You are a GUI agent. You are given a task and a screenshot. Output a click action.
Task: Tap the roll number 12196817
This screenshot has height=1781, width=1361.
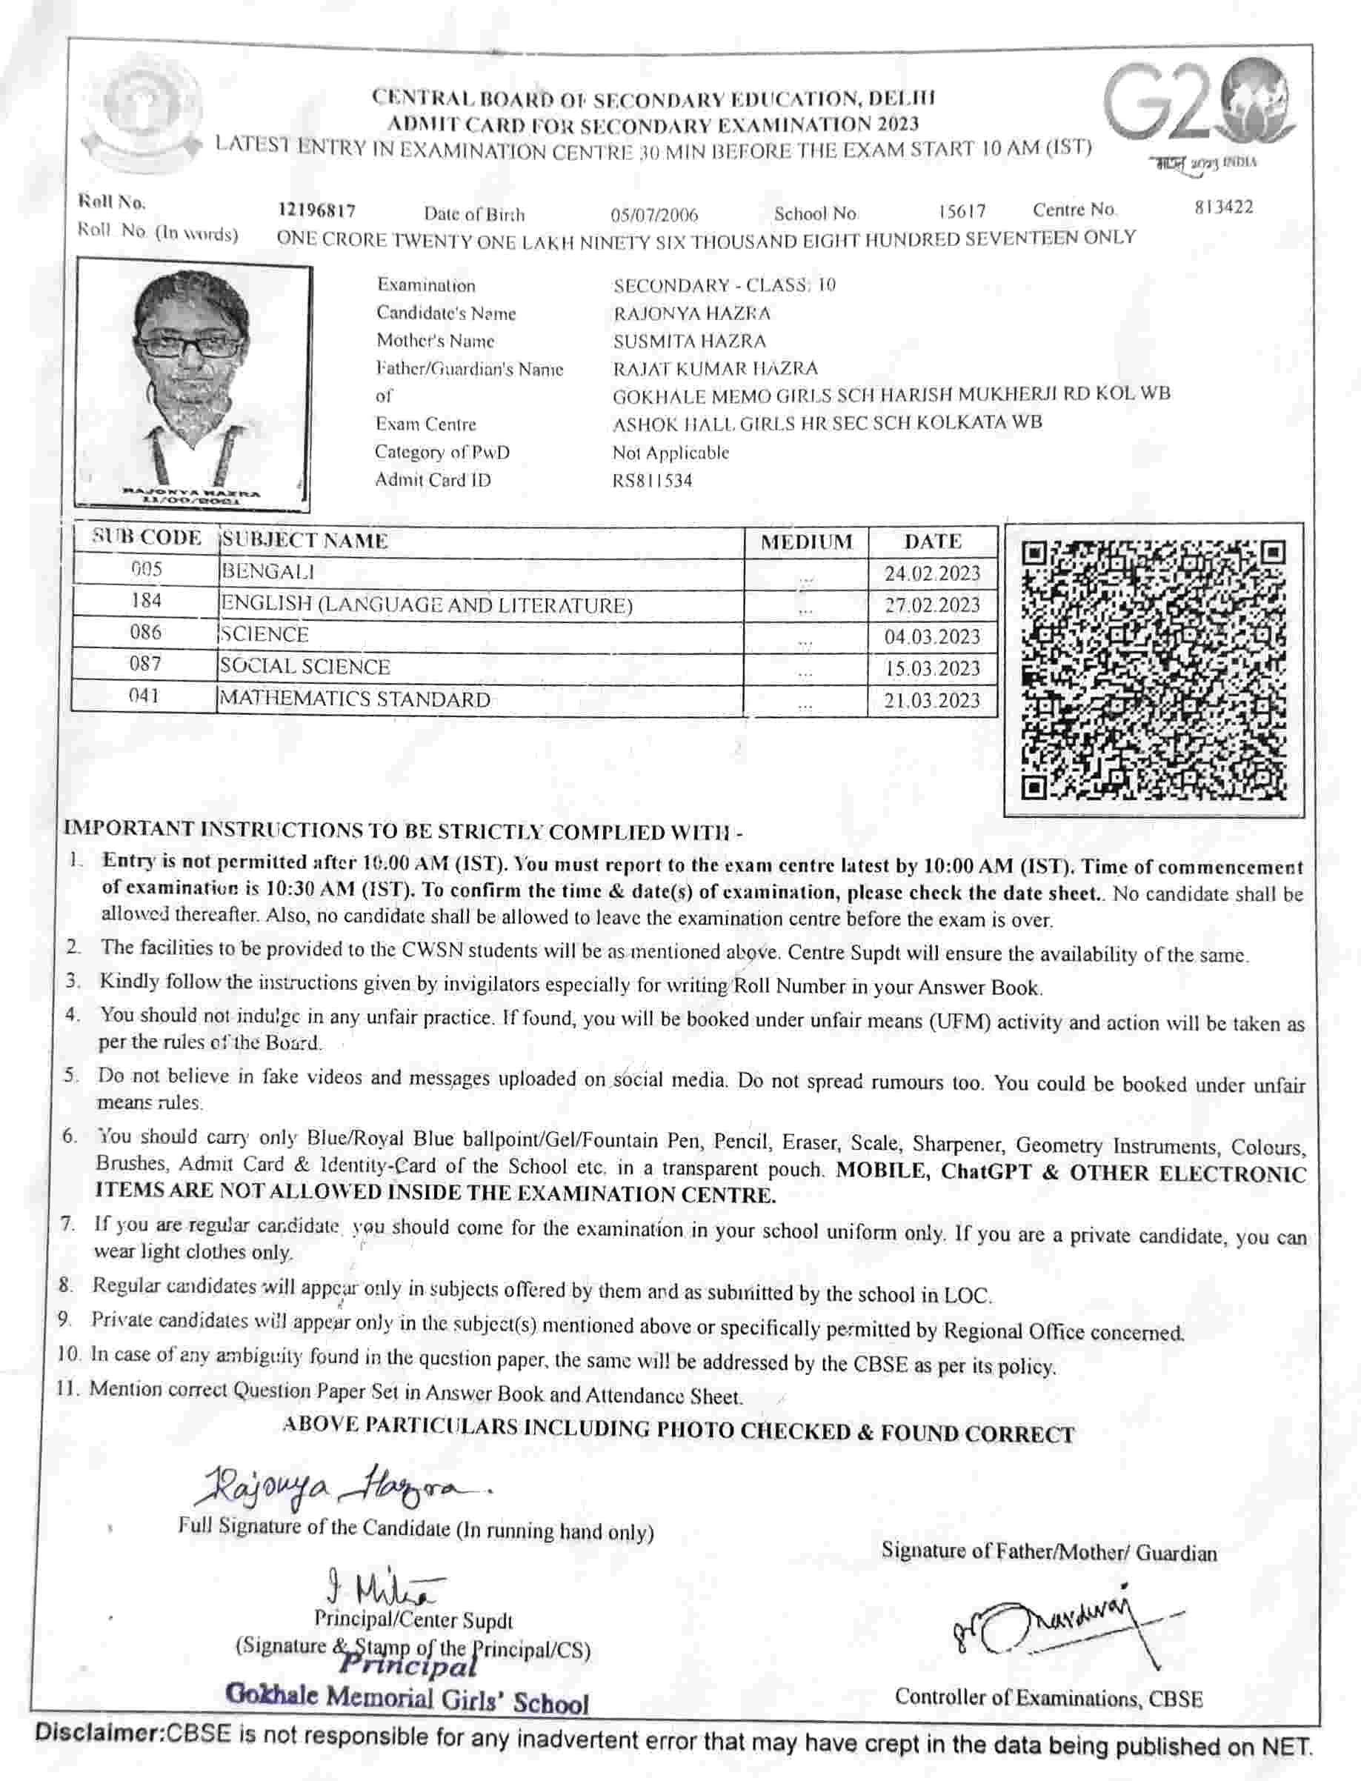click(x=317, y=210)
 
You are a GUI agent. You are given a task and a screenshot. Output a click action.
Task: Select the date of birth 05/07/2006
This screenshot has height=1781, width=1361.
click(x=653, y=215)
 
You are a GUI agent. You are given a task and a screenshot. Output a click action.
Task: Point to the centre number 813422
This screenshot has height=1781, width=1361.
click(x=1223, y=207)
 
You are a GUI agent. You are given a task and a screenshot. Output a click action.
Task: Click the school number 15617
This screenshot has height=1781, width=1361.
click(x=962, y=211)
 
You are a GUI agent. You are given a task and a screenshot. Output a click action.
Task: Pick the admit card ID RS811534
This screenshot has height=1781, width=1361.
click(x=652, y=480)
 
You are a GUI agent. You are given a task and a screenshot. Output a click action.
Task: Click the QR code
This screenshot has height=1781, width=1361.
click(x=1154, y=668)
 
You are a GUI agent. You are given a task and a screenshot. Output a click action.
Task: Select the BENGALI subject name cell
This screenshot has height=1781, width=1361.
click(x=268, y=572)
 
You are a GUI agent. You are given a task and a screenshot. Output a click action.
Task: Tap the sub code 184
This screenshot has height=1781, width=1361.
click(x=146, y=600)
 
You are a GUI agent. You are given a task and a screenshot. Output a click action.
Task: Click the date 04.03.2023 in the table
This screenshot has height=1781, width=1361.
click(x=931, y=636)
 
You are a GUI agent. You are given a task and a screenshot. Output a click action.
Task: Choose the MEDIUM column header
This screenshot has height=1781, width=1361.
click(x=806, y=542)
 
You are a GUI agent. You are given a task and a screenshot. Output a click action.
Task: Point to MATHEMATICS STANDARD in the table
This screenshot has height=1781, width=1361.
click(x=355, y=699)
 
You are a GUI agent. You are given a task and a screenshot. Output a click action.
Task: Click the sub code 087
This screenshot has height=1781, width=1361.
click(x=146, y=664)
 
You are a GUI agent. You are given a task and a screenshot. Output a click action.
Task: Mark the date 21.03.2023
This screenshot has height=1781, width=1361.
click(x=931, y=701)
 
